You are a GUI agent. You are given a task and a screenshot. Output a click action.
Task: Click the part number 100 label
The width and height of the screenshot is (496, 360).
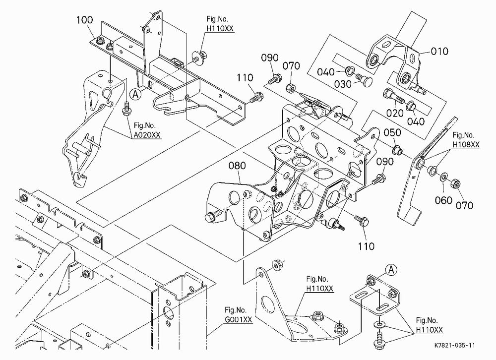[84, 20]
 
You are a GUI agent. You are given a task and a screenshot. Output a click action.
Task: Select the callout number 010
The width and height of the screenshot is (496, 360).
[439, 51]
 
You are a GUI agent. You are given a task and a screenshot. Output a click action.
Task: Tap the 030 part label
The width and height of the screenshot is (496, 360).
[343, 84]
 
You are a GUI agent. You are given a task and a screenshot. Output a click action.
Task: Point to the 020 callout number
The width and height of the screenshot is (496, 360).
[395, 113]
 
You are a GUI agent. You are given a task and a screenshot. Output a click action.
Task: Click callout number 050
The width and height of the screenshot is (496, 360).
[392, 132]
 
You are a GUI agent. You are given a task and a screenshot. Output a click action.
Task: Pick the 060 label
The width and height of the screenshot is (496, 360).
[443, 200]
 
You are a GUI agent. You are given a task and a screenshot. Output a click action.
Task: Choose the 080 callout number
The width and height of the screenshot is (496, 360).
[237, 166]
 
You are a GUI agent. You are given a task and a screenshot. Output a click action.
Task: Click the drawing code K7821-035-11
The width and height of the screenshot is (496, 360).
[454, 346]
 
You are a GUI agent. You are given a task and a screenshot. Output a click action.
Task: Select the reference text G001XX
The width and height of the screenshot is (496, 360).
[239, 319]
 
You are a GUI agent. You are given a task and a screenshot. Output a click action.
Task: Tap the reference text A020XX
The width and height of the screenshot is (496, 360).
[147, 135]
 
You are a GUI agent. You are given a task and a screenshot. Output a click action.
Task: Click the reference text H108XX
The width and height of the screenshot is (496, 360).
[466, 145]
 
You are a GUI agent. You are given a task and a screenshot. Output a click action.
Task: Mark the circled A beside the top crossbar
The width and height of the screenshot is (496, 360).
[136, 94]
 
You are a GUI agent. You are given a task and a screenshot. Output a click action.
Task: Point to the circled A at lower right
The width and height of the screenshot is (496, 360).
[392, 270]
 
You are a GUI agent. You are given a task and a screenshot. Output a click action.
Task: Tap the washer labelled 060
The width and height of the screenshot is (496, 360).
[444, 176]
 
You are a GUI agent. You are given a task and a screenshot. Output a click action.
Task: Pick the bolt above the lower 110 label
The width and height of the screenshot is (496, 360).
[361, 221]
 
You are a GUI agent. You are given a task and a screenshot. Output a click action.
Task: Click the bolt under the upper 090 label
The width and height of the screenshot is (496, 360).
[274, 79]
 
